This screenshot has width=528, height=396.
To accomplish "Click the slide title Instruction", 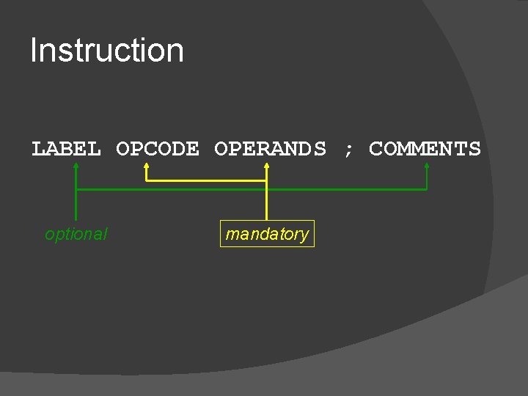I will pyautogui.click(x=107, y=51).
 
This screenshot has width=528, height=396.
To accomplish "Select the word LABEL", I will pyautogui.click(x=66, y=149).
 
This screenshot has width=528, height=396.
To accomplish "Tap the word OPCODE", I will pyautogui.click(x=158, y=149).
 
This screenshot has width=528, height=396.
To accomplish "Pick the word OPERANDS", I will pyautogui.click(x=270, y=149).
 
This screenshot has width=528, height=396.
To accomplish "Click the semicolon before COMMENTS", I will pyautogui.click(x=348, y=150).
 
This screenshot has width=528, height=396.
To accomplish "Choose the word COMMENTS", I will pyautogui.click(x=425, y=149).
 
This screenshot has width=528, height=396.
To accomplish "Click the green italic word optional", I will pyautogui.click(x=76, y=234).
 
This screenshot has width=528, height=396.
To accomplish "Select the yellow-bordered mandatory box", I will pyautogui.click(x=267, y=234).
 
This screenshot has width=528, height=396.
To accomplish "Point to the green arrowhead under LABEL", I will pyautogui.click(x=76, y=166).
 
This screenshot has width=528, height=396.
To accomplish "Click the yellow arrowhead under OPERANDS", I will pyautogui.click(x=266, y=166).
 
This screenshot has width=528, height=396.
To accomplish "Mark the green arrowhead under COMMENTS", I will pyautogui.click(x=427, y=166).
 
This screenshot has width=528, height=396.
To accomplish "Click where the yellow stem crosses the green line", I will pyautogui.click(x=266, y=190).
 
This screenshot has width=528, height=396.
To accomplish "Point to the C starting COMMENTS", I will pyautogui.click(x=376, y=149).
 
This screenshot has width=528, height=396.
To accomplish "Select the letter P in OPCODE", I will pyautogui.click(x=137, y=149).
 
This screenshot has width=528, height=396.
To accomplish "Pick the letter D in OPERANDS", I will pyautogui.click(x=305, y=149).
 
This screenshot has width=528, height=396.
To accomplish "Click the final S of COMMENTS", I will pyautogui.click(x=474, y=149).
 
